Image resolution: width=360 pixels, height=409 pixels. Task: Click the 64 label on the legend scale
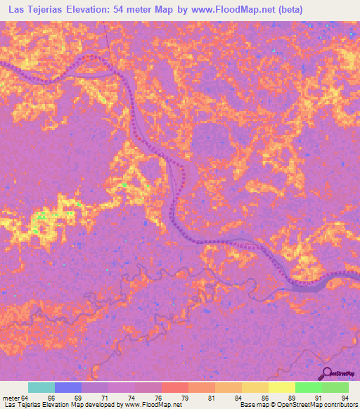coord(26,398)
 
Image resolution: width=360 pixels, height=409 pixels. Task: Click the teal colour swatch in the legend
coord(41,387)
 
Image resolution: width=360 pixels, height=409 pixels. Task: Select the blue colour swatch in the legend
coord(68,387)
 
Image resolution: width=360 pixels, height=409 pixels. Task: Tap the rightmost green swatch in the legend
coord(335,387)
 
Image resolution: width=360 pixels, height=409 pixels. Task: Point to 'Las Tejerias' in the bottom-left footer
coord(22,405)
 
